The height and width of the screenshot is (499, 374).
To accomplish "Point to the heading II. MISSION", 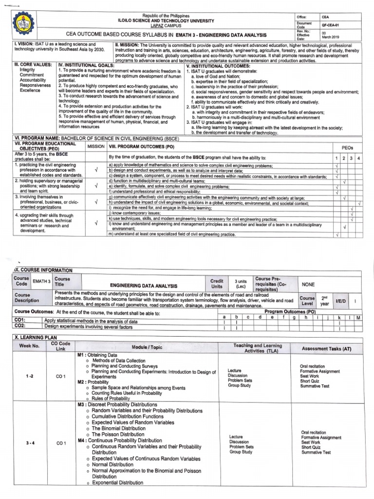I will tap(131, 44).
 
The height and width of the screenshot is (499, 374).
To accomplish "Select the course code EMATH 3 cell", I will tap(41, 281).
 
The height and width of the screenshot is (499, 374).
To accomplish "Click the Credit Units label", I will tap(217, 284).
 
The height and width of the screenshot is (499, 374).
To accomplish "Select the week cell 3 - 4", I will tap(29, 443).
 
